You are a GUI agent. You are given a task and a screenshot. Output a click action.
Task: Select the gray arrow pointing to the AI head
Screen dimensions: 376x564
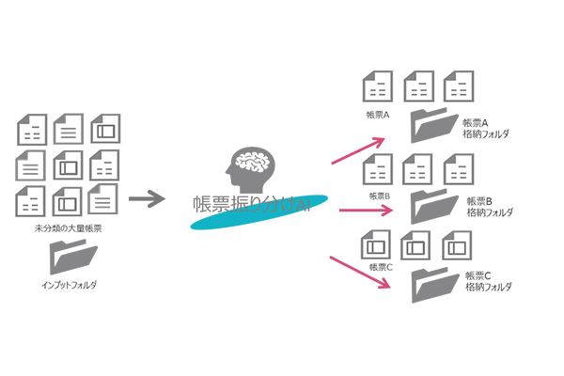pos(145,198)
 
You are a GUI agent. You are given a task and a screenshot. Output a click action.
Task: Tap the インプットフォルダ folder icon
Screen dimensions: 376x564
pos(72,258)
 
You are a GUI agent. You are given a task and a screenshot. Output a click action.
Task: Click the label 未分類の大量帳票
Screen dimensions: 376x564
pos(69,228)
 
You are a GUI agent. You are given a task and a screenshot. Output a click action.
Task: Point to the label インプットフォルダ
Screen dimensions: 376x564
pos(70,284)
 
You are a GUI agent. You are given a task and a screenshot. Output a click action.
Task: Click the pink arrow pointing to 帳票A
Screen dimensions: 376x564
pos(359,150)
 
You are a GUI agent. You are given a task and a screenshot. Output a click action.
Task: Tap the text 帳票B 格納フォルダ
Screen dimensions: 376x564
pos(487,207)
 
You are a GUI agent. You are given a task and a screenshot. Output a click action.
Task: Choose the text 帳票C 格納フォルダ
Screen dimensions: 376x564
pos(487,282)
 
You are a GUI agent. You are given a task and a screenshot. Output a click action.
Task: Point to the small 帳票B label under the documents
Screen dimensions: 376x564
pos(379,196)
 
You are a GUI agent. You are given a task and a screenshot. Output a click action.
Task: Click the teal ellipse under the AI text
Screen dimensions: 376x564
pos(259,212)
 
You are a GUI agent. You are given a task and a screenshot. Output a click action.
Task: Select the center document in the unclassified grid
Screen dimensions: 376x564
pos(68,165)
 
